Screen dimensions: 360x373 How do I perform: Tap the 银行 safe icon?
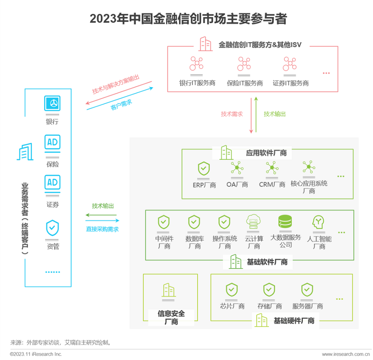[52, 103]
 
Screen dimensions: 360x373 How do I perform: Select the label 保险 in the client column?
[52, 164]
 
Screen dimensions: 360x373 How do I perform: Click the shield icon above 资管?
[52, 228]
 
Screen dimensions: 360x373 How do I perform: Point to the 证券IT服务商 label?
[290, 83]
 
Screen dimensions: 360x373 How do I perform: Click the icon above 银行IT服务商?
[196, 64]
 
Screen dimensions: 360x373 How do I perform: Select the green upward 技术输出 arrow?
[256, 115]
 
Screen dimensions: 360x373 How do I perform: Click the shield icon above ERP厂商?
[204, 168]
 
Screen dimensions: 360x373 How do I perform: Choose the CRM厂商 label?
[272, 185]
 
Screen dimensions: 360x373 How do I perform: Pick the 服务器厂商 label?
[307, 306]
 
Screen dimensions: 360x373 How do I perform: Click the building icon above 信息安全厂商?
[169, 290]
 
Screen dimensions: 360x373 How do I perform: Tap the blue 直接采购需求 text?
[102, 229]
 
